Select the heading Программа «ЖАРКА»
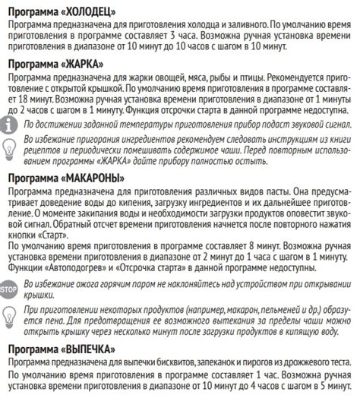[52, 64]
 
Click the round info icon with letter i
[11, 125]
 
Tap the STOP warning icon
[10, 289]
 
